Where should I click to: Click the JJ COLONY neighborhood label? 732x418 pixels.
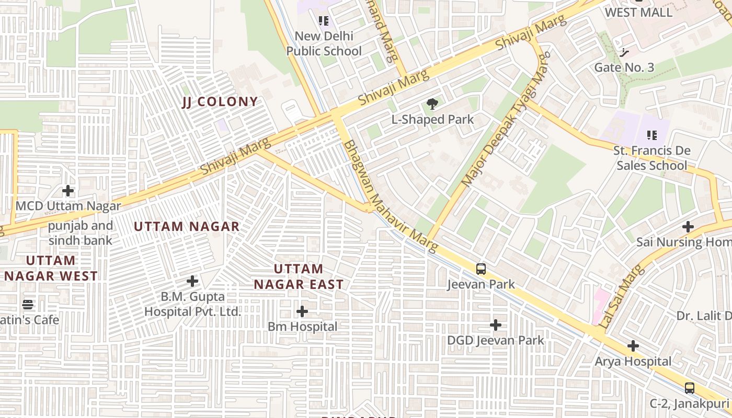pyautogui.click(x=220, y=102)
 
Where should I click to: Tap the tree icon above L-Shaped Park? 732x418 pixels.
pyautogui.click(x=432, y=104)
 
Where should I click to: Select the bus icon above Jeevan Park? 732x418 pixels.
pyautogui.click(x=481, y=269)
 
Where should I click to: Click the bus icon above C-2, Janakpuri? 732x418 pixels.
pyautogui.click(x=690, y=388)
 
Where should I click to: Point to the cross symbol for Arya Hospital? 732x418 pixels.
pyautogui.click(x=633, y=346)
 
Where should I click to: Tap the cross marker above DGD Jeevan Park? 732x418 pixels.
pyautogui.click(x=495, y=325)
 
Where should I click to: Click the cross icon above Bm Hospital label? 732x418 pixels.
pyautogui.click(x=302, y=311)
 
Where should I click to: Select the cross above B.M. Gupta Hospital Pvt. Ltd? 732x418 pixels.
pyautogui.click(x=192, y=281)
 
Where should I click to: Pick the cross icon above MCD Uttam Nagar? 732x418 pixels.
pyautogui.click(x=68, y=191)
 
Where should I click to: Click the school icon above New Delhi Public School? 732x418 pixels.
pyautogui.click(x=324, y=21)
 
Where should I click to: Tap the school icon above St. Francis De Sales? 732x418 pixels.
pyautogui.click(x=651, y=135)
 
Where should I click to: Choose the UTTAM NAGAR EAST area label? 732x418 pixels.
pyautogui.click(x=299, y=276)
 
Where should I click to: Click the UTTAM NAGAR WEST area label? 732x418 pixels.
pyautogui.click(x=51, y=268)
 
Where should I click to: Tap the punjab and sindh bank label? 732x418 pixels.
pyautogui.click(x=81, y=233)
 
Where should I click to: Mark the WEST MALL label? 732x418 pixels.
pyautogui.click(x=638, y=13)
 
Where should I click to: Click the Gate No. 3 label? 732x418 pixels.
pyautogui.click(x=624, y=67)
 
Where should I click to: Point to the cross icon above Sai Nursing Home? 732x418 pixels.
pyautogui.click(x=688, y=227)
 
